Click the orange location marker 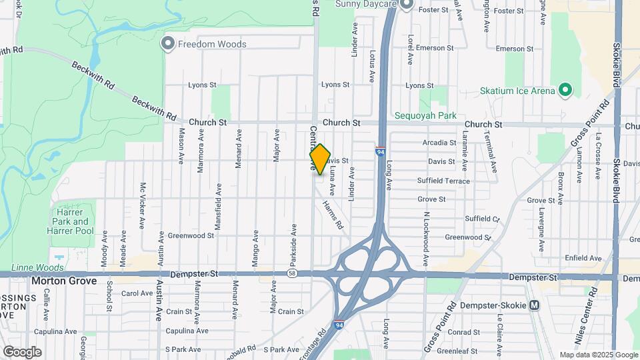[320, 159]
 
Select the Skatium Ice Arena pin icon [565, 90]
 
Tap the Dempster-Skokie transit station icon [533, 305]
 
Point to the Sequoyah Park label [425, 115]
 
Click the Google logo [22, 351]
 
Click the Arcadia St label [439, 143]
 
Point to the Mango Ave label [256, 249]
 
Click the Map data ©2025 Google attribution [598, 355]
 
